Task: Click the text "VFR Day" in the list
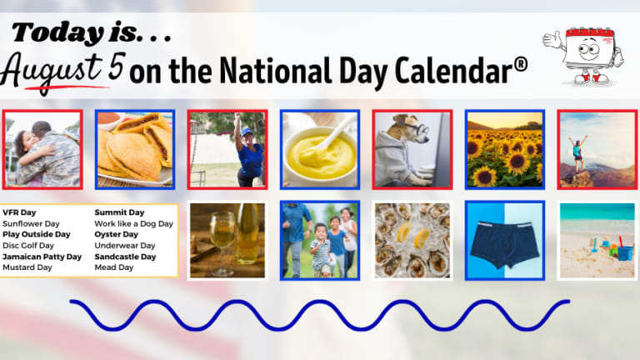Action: pyautogui.click(x=19, y=212)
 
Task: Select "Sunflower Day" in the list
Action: pyautogui.click(x=31, y=223)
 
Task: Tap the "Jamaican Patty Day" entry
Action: pyautogui.click(x=42, y=257)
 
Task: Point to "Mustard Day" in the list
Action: pyautogui.click(x=27, y=267)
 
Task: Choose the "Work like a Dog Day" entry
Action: pyautogui.click(x=134, y=223)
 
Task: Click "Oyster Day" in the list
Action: pyautogui.click(x=117, y=234)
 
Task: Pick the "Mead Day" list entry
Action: pyautogui.click(x=114, y=267)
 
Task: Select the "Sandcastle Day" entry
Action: pyautogui.click(x=125, y=257)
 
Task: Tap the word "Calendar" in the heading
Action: pyautogui.click(x=453, y=70)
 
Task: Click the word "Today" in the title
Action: pyautogui.click(x=57, y=32)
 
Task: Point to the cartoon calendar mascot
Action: pyautogui.click(x=584, y=55)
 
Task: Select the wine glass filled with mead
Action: pyautogui.click(x=222, y=242)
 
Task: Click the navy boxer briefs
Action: pyautogui.click(x=504, y=243)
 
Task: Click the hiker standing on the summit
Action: pyautogui.click(x=577, y=153)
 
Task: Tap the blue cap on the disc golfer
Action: pyautogui.click(x=246, y=132)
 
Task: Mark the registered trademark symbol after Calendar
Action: pyautogui.click(x=520, y=64)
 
